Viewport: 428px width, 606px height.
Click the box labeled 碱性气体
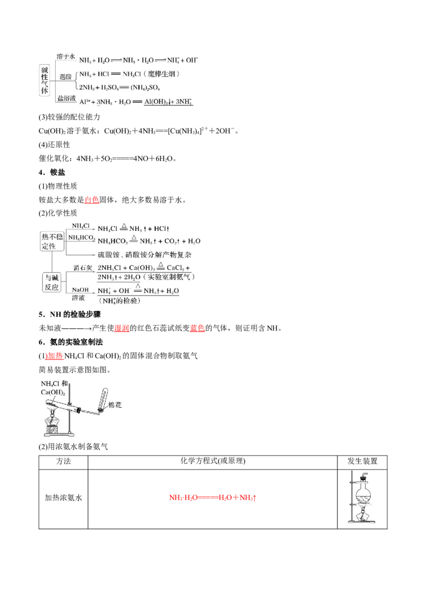tap(45, 80)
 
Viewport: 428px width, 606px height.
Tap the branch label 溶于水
tap(67, 56)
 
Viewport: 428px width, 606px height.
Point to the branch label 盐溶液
tap(67, 97)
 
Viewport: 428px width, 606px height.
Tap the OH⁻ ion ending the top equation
tap(191, 60)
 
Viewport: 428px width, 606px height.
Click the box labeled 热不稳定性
tap(52, 240)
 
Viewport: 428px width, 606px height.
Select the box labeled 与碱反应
tap(52, 281)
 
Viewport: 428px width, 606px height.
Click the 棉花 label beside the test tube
tap(114, 405)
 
